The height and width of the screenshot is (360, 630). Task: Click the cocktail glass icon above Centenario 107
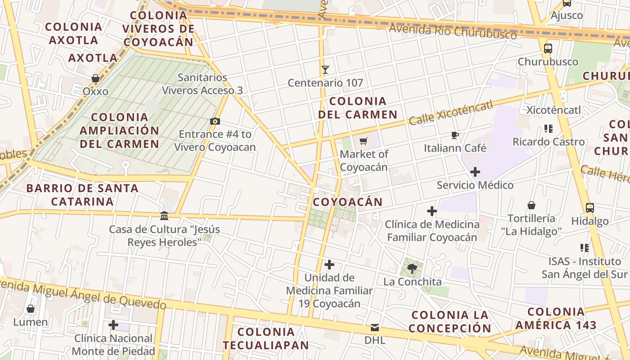point(325,70)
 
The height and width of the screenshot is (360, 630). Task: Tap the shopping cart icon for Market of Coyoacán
point(364,141)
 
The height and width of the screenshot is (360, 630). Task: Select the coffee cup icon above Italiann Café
point(455,135)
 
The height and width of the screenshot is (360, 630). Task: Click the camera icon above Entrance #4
point(215,121)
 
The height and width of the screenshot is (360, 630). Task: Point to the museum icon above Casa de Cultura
point(164,216)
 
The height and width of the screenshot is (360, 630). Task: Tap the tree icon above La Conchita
point(411,269)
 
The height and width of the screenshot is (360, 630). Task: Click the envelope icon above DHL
point(375,327)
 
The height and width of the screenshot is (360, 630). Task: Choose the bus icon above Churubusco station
point(548,49)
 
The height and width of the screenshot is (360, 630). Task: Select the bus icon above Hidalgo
point(589,208)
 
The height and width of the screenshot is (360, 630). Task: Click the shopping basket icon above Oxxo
point(95,78)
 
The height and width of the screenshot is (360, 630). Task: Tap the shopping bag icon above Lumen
point(31,309)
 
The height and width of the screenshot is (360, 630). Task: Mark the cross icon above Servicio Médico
point(475,172)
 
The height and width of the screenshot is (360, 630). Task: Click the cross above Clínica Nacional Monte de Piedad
point(113,325)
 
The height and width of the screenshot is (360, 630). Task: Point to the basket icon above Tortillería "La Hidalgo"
point(531,206)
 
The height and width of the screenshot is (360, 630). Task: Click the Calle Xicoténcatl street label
point(451,113)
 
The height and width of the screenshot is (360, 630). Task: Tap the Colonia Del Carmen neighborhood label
point(358,108)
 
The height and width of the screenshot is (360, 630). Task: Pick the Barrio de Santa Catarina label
point(82,194)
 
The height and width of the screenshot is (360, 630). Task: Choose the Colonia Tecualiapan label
point(265,338)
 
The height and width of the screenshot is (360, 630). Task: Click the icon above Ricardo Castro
point(548,129)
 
